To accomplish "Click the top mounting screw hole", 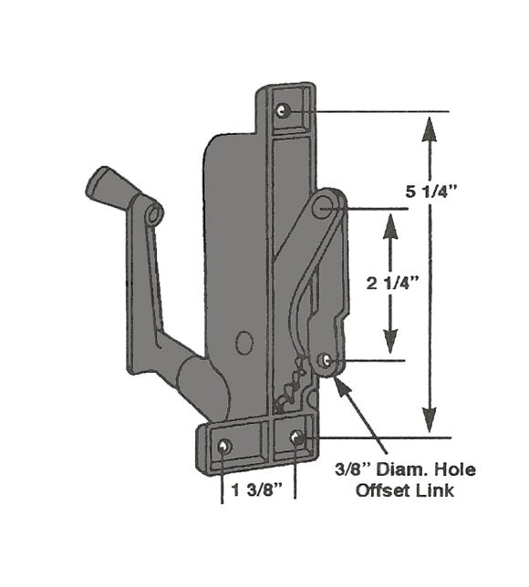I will (x=284, y=110).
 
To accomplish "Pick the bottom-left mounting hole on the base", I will (x=224, y=446).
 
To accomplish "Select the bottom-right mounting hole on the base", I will (x=296, y=438).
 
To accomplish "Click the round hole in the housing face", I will (x=244, y=343).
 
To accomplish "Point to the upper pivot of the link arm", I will (x=322, y=207).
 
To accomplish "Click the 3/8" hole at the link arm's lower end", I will (x=326, y=361).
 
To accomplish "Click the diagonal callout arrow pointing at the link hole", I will (x=360, y=411).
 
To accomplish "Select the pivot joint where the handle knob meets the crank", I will (x=152, y=213).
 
